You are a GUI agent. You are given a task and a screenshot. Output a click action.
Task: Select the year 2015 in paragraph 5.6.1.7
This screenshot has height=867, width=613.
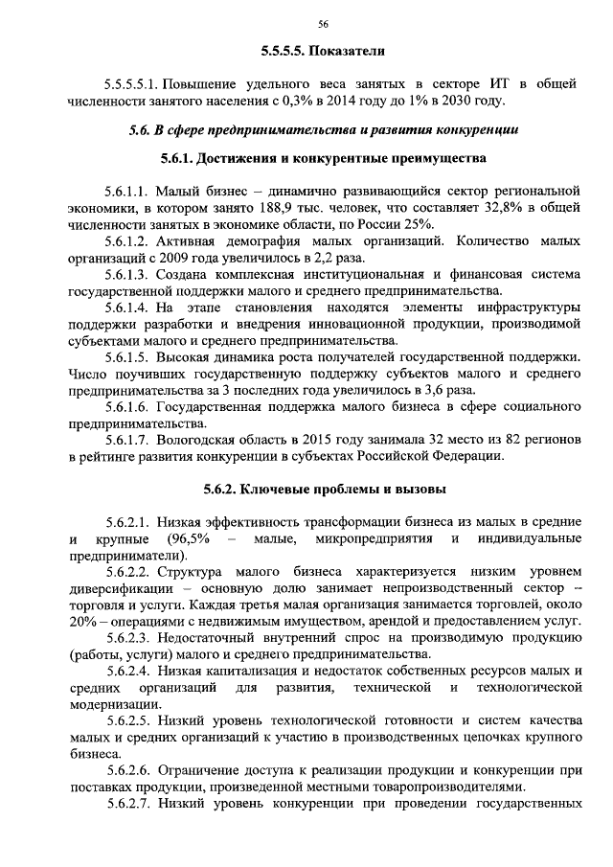(294, 441)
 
